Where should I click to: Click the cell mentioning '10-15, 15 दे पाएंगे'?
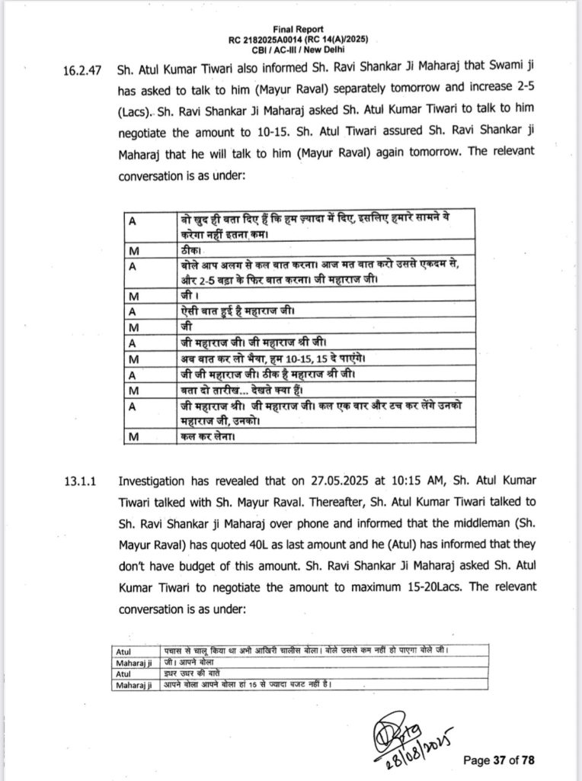pyautogui.click(x=255, y=358)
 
